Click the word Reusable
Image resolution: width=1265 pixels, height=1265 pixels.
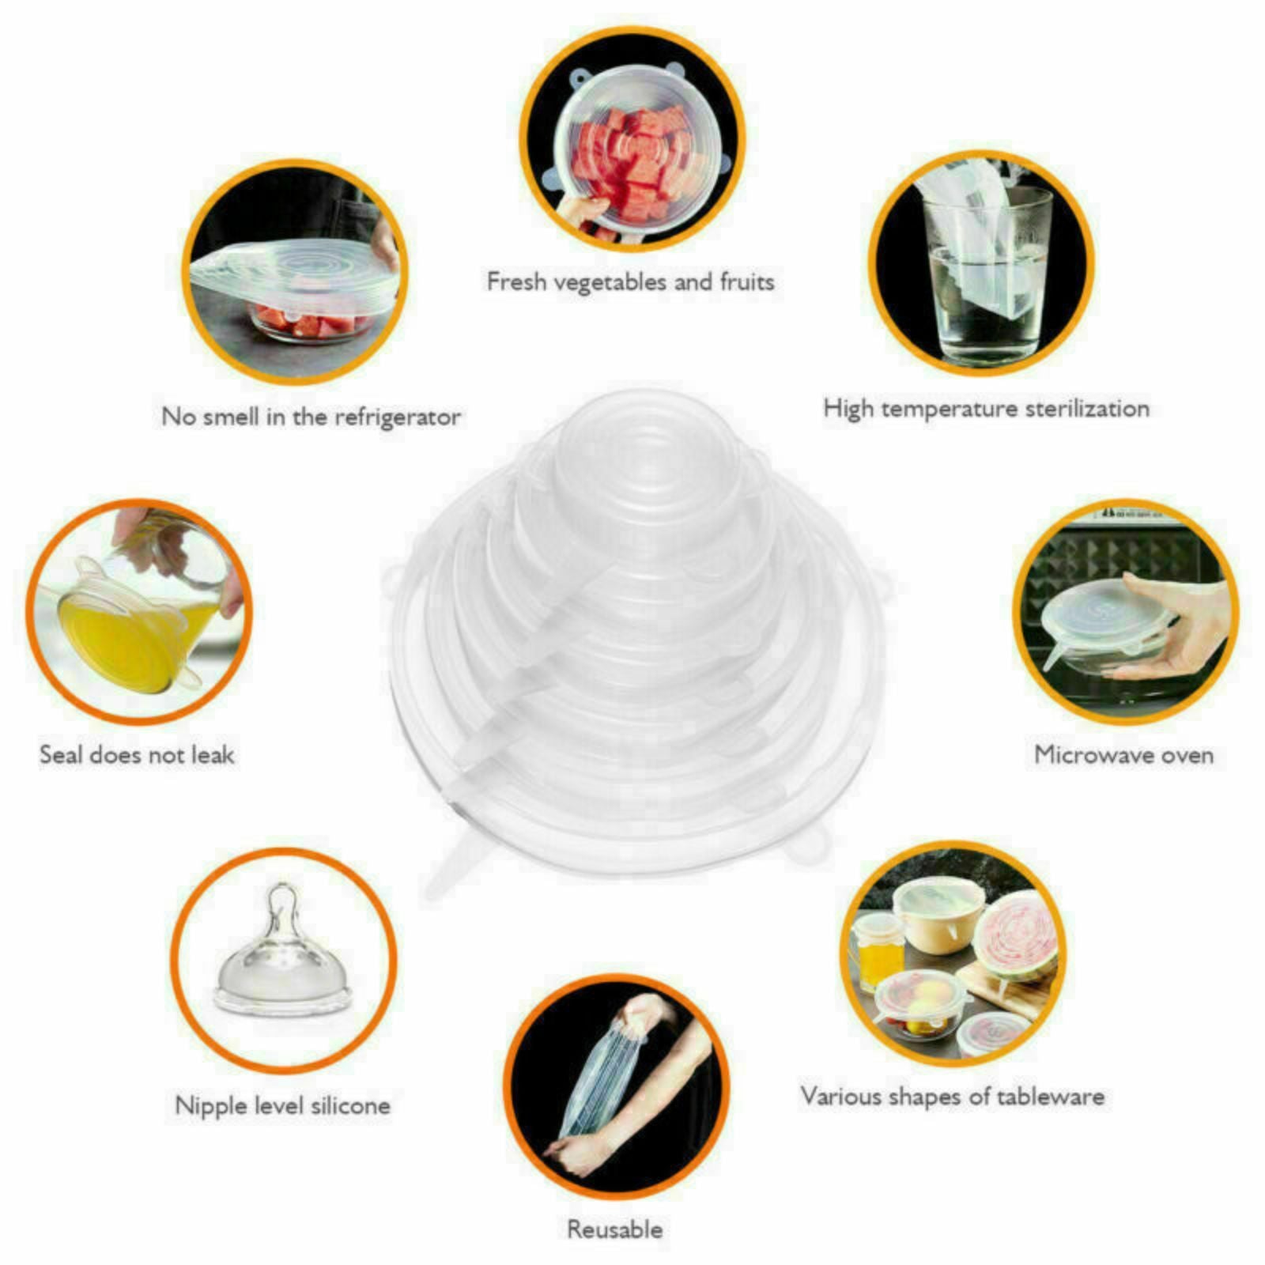coord(614,1229)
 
